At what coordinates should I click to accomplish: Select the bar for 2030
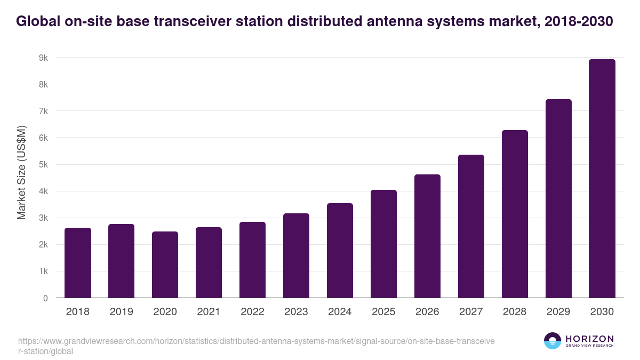click(x=602, y=179)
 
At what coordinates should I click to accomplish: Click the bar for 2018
click(x=78, y=263)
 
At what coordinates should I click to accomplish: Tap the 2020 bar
click(x=165, y=265)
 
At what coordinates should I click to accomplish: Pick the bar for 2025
click(x=384, y=244)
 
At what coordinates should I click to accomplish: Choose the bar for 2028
click(x=515, y=214)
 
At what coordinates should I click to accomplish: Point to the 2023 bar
click(x=297, y=255)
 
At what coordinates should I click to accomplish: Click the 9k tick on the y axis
click(x=43, y=58)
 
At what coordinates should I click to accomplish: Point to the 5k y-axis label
click(x=43, y=164)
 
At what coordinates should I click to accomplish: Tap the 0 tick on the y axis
click(x=45, y=298)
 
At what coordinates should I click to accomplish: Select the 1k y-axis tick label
click(x=43, y=271)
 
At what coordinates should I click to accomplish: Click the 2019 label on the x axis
click(x=122, y=312)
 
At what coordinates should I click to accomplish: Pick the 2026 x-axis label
click(x=427, y=312)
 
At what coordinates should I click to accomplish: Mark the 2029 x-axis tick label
click(x=558, y=312)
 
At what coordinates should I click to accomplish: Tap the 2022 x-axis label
click(x=253, y=312)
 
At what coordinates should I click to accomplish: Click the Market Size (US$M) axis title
click(x=21, y=172)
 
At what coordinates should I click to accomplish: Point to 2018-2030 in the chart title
click(x=579, y=21)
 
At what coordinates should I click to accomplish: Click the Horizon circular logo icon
click(x=553, y=341)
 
